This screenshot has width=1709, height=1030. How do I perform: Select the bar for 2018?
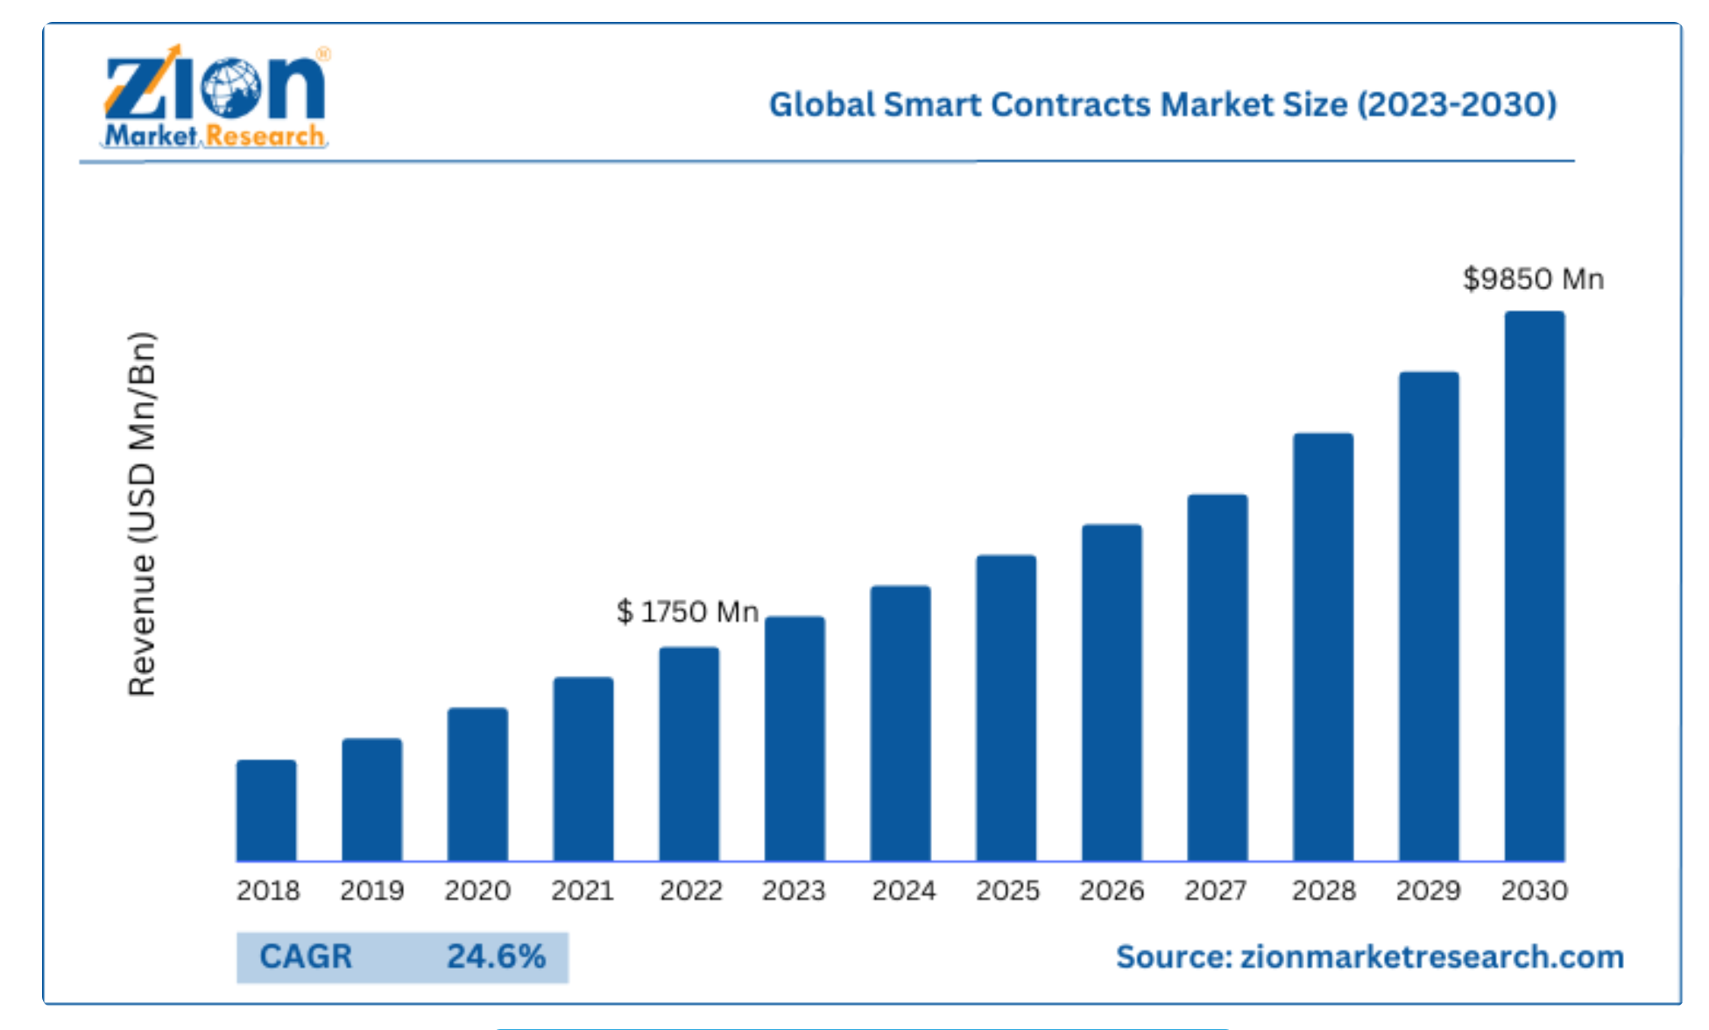pyautogui.click(x=266, y=810)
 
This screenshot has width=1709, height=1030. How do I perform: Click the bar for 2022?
pyautogui.click(x=689, y=753)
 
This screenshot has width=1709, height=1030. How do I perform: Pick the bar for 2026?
pyautogui.click(x=1112, y=692)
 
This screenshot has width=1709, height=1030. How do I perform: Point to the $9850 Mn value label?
pyautogui.click(x=1533, y=279)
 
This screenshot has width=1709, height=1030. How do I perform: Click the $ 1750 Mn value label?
pyautogui.click(x=688, y=611)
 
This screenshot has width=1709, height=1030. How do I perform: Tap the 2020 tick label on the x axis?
pyautogui.click(x=477, y=891)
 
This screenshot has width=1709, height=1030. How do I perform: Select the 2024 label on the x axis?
pyautogui.click(x=903, y=891)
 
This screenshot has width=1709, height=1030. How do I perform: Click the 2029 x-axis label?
pyautogui.click(x=1428, y=891)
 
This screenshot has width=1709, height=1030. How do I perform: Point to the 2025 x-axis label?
pyautogui.click(x=1007, y=891)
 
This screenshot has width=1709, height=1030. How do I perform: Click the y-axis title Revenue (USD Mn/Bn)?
pyautogui.click(x=142, y=513)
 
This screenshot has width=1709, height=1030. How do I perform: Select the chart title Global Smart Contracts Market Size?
pyautogui.click(x=1162, y=104)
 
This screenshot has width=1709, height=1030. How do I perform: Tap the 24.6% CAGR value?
pyautogui.click(x=496, y=956)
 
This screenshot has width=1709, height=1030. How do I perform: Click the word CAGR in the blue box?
pyautogui.click(x=306, y=956)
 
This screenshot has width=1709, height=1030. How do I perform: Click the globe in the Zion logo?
pyautogui.click(x=231, y=88)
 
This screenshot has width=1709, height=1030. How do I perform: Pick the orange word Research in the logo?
pyautogui.click(x=265, y=136)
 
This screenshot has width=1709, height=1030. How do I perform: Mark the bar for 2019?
pyautogui.click(x=372, y=799)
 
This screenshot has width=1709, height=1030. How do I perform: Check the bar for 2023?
pyautogui.click(x=794, y=738)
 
